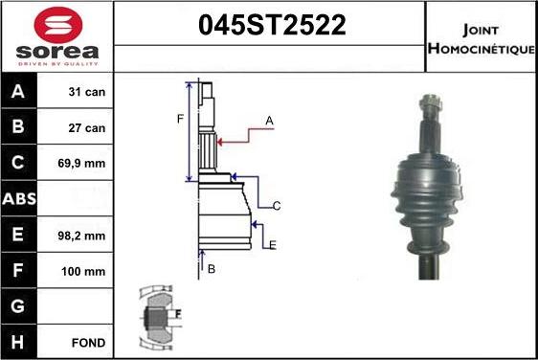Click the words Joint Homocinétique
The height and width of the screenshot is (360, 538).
click(480, 37)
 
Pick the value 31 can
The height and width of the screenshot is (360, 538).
click(87, 93)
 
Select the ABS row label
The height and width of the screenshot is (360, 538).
click(20, 199)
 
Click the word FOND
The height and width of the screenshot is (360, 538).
click(87, 342)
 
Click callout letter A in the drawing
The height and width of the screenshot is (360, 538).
click(270, 121)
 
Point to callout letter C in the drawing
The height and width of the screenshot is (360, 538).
click(276, 206)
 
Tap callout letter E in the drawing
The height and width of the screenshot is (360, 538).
click(272, 245)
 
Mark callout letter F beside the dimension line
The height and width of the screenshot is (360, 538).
click(179, 119)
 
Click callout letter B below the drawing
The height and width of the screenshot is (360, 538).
click(212, 269)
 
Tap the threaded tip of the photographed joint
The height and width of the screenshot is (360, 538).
click(428, 101)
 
